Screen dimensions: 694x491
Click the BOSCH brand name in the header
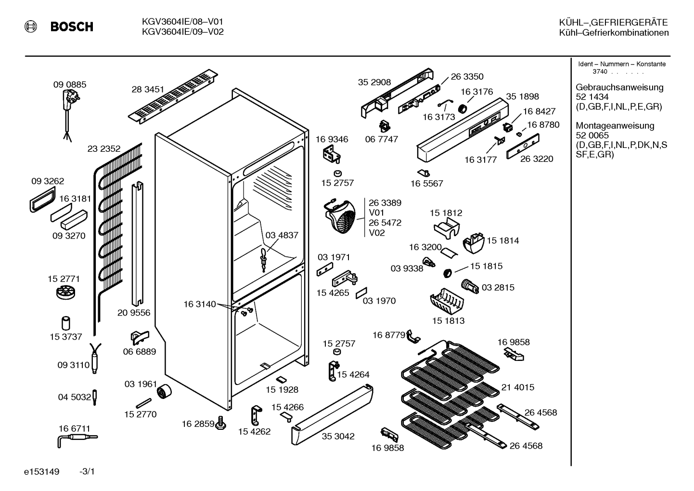72,27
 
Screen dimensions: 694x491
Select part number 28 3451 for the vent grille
148,89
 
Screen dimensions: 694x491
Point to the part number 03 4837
282,235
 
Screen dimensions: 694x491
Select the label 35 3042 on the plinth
338,437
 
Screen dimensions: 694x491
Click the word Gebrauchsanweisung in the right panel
620,88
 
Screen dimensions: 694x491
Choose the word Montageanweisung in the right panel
615,126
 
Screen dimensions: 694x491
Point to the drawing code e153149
42,472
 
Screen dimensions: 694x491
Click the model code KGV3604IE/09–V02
182,32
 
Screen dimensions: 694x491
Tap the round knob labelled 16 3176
463,108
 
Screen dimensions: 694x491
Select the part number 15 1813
449,320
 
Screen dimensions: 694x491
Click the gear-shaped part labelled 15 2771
65,292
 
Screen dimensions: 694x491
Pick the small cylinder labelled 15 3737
65,323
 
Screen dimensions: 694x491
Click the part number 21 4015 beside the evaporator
518,387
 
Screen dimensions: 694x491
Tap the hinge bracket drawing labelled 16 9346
332,154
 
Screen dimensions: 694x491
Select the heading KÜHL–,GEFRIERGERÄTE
614,22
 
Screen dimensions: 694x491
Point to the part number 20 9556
134,313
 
